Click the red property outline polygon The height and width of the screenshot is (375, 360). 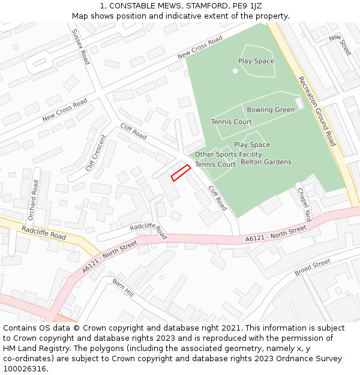[181, 173]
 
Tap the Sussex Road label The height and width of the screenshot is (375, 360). [80, 47]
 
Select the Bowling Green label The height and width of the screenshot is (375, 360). [271, 110]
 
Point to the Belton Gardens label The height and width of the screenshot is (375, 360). [266, 162]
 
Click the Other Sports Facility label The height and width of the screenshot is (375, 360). [228, 155]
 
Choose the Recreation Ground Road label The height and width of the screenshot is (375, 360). [317, 111]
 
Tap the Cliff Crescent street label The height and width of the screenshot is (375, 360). [95, 152]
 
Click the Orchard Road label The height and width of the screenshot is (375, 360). [33, 199]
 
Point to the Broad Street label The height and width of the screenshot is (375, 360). [312, 268]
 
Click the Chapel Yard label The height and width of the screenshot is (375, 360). [304, 205]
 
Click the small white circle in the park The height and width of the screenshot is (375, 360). [235, 71]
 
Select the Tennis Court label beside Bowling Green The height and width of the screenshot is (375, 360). [231, 122]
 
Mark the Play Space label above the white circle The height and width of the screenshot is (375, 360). [256, 61]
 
